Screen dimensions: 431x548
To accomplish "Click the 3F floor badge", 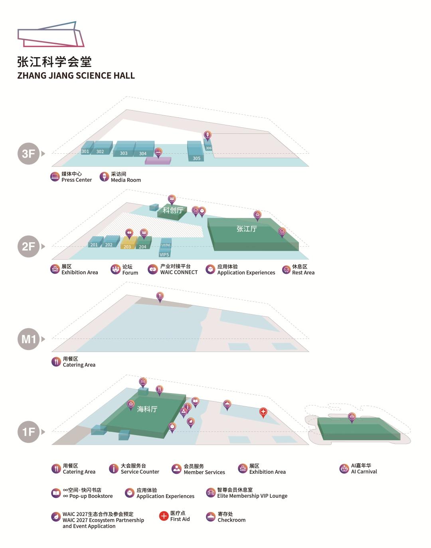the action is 28,153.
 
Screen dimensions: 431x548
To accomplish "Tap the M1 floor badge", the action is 28,339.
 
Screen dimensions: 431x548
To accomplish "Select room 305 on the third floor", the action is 196,151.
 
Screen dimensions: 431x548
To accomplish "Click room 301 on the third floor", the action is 87,148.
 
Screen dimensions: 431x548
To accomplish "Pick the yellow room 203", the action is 129,243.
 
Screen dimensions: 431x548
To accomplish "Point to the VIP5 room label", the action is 164,254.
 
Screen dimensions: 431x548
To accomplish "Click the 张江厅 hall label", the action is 247,229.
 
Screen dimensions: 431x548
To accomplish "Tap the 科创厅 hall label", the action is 173,210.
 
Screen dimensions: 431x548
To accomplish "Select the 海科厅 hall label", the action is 147,409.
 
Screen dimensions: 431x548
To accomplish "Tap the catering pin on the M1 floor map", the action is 160,297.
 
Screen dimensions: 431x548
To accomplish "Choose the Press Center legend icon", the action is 55,176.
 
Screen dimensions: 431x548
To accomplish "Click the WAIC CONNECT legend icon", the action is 153,269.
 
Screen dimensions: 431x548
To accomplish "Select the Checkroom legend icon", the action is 211,517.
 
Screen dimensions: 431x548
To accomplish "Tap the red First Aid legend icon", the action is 164,516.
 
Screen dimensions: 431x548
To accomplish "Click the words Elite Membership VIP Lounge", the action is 252,496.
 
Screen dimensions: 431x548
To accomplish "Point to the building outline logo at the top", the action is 51,34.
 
